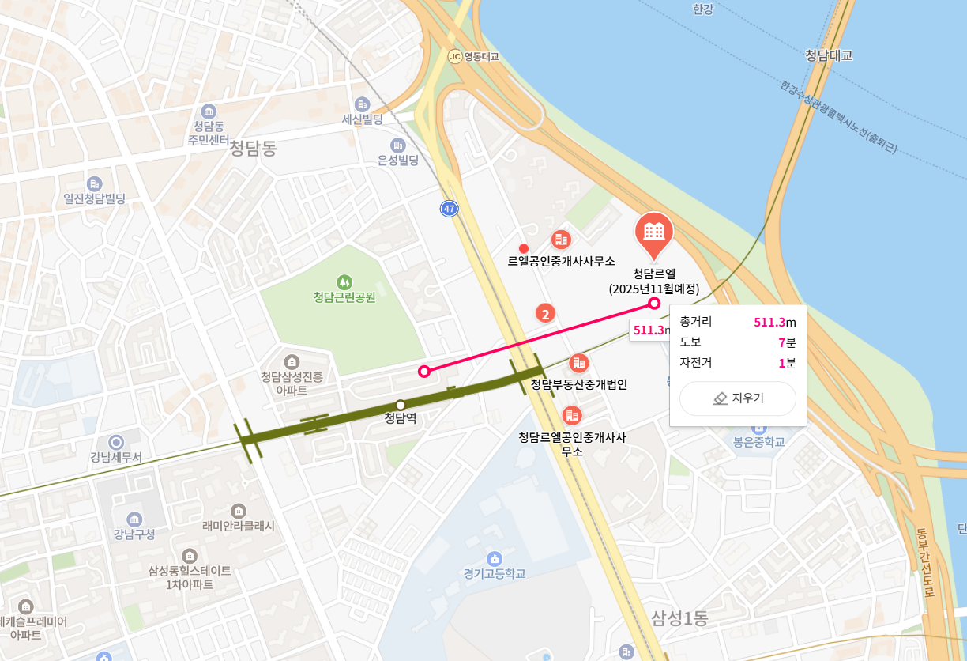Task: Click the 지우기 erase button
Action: (x=737, y=398)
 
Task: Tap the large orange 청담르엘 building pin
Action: (x=654, y=232)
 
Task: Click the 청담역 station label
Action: (x=400, y=418)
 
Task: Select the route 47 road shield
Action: (x=450, y=209)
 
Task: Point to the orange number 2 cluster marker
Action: (x=545, y=314)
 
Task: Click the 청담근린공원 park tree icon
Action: (x=344, y=281)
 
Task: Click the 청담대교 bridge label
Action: (x=829, y=55)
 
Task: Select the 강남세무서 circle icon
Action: (x=116, y=442)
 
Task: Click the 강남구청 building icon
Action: (x=134, y=519)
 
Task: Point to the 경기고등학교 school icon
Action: (x=495, y=558)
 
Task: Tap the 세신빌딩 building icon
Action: (x=363, y=104)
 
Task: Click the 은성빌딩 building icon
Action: (x=397, y=145)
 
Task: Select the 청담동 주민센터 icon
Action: (x=209, y=111)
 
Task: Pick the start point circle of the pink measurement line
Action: (x=424, y=371)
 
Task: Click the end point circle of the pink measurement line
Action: (x=654, y=303)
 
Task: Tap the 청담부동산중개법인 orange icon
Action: (x=579, y=363)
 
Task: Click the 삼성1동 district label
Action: (x=679, y=618)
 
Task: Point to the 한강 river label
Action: (x=702, y=9)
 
